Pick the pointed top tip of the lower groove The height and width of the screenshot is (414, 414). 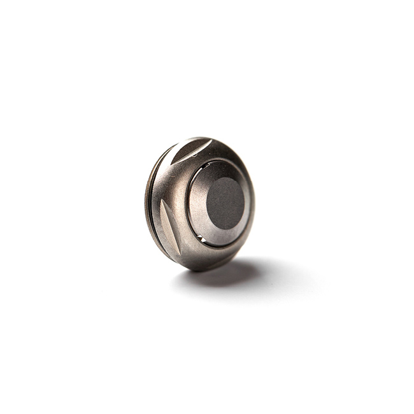click(x=162, y=200)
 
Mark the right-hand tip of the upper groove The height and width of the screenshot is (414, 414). click(x=210, y=141)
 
